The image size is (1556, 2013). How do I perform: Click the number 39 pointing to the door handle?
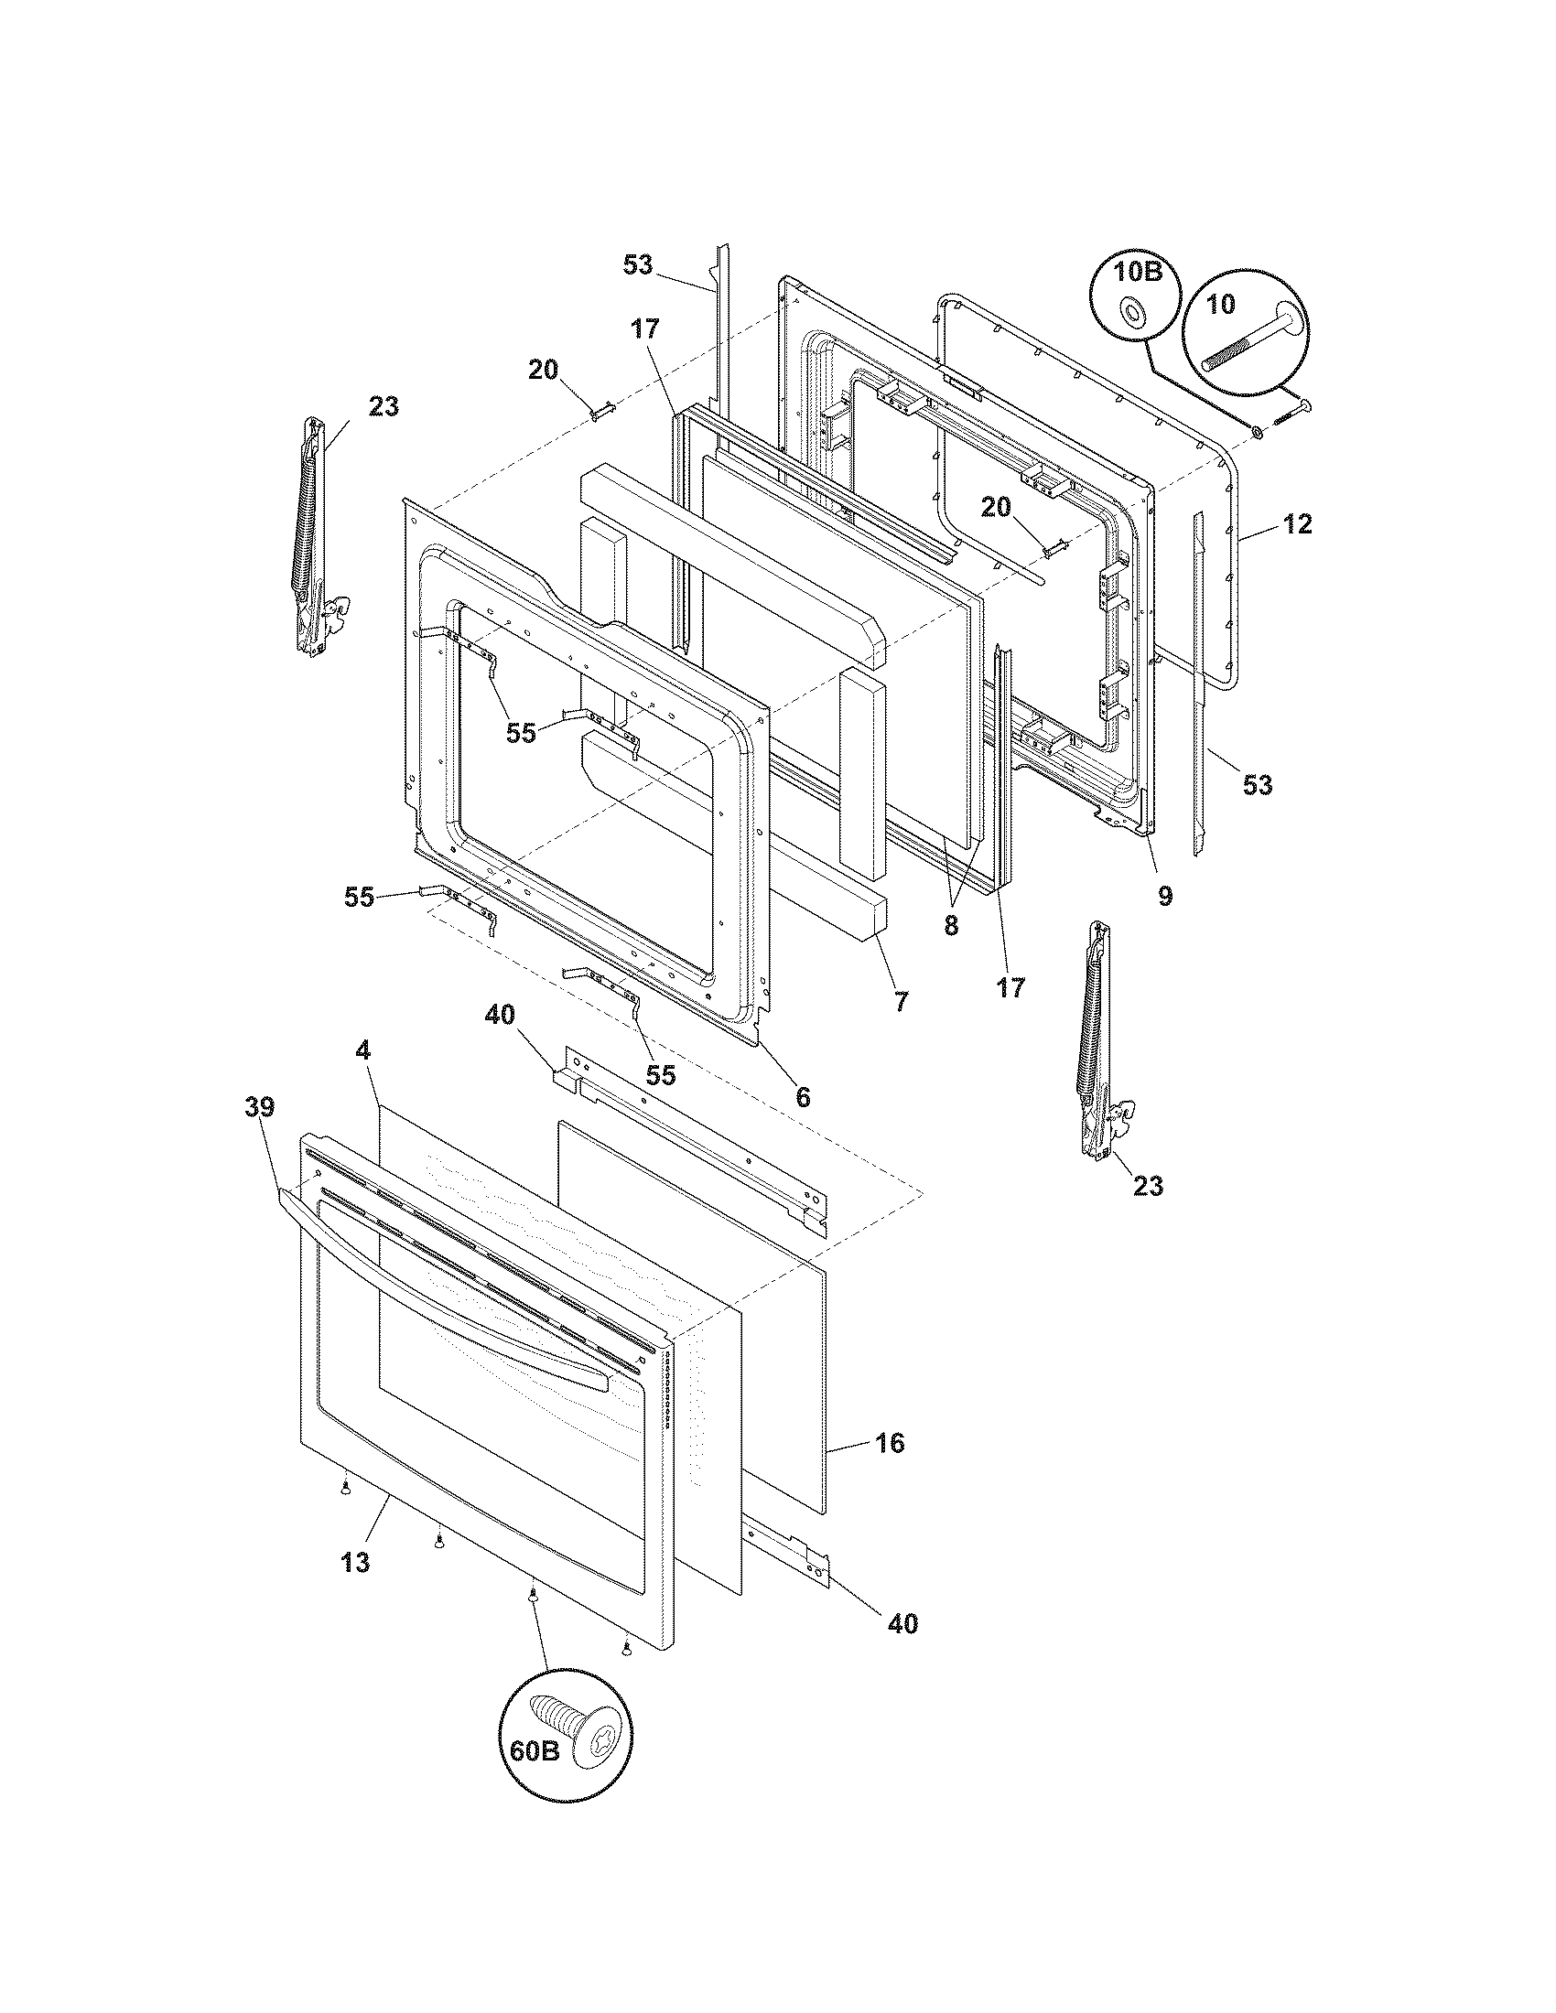(x=260, y=1107)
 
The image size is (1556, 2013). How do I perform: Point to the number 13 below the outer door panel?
(x=355, y=1562)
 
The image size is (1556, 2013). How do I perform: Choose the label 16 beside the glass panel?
(x=890, y=1442)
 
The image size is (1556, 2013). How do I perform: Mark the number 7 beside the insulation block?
(x=901, y=1001)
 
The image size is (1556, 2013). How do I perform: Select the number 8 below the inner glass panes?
(x=951, y=925)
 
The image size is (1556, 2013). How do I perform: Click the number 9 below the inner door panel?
(x=1165, y=895)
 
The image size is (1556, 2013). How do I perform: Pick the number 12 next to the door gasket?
(x=1298, y=524)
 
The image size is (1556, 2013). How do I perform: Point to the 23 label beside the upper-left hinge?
(x=384, y=405)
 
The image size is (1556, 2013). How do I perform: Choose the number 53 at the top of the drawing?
(x=637, y=264)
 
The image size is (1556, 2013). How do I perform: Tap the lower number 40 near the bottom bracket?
(x=903, y=1623)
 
